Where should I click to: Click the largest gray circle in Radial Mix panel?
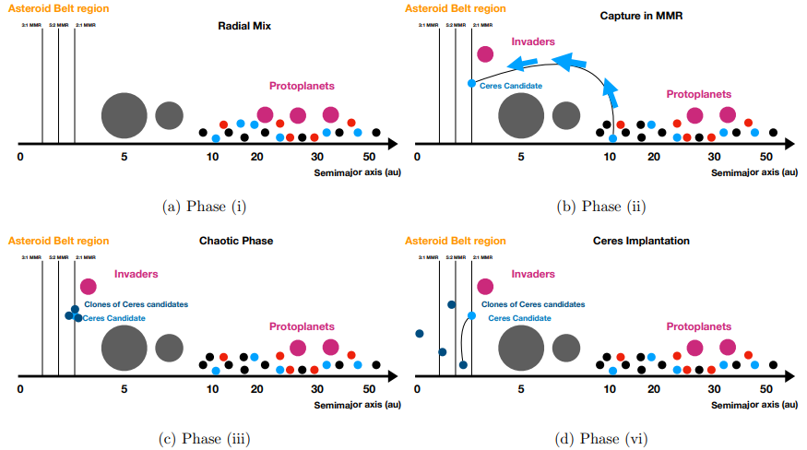[124, 114]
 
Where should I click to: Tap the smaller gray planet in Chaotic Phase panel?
[169, 348]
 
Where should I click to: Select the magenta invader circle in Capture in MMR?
[485, 53]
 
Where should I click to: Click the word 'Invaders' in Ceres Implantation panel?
[533, 274]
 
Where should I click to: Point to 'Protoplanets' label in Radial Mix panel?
[302, 86]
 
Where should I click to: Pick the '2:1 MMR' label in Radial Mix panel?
[85, 26]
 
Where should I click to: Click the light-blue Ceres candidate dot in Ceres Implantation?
[471, 316]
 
